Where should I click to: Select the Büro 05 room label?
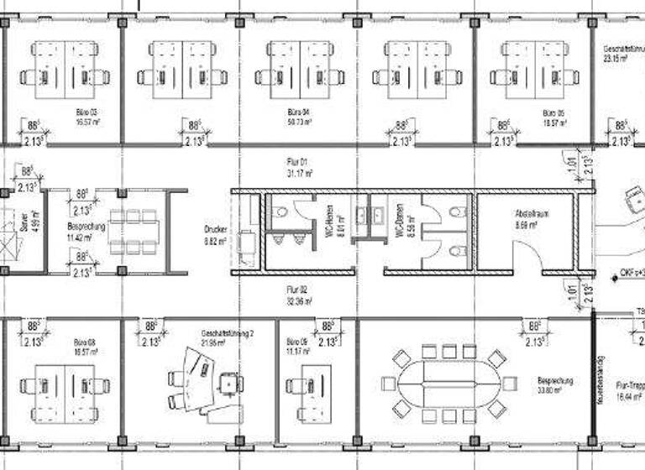click(551, 112)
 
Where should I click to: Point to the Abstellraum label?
click(532, 215)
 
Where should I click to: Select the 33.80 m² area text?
click(554, 389)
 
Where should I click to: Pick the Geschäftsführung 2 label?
click(225, 333)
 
